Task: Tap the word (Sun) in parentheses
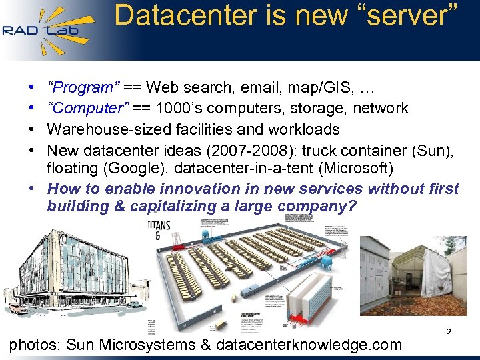pos(437,150)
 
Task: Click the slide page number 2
pos(448,331)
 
